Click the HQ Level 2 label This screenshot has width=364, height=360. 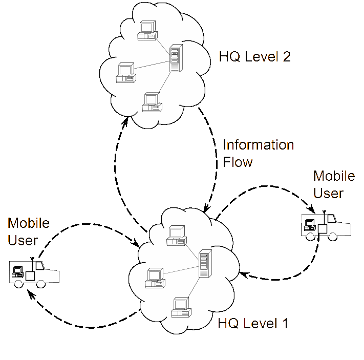[254, 57]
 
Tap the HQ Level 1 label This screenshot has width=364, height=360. [253, 323]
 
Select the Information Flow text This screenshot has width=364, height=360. [258, 153]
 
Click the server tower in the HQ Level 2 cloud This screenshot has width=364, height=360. [176, 58]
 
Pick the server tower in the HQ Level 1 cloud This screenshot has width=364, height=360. [205, 263]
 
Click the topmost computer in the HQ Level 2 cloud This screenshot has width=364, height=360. [147, 30]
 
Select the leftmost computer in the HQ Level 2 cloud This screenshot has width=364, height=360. [126, 73]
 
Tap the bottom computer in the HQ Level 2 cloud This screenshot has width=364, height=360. [152, 102]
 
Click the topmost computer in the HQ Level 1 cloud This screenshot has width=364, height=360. [177, 236]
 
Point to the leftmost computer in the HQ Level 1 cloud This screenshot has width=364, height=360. [155, 278]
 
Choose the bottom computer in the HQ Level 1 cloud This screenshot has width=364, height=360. [181, 307]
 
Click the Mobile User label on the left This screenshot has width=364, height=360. [29, 231]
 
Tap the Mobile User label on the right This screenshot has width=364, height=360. [334, 184]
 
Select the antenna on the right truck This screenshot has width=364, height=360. [324, 218]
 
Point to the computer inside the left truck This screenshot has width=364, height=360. [17, 272]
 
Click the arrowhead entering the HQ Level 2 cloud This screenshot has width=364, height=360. [125, 122]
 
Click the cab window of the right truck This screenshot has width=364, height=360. [332, 219]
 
